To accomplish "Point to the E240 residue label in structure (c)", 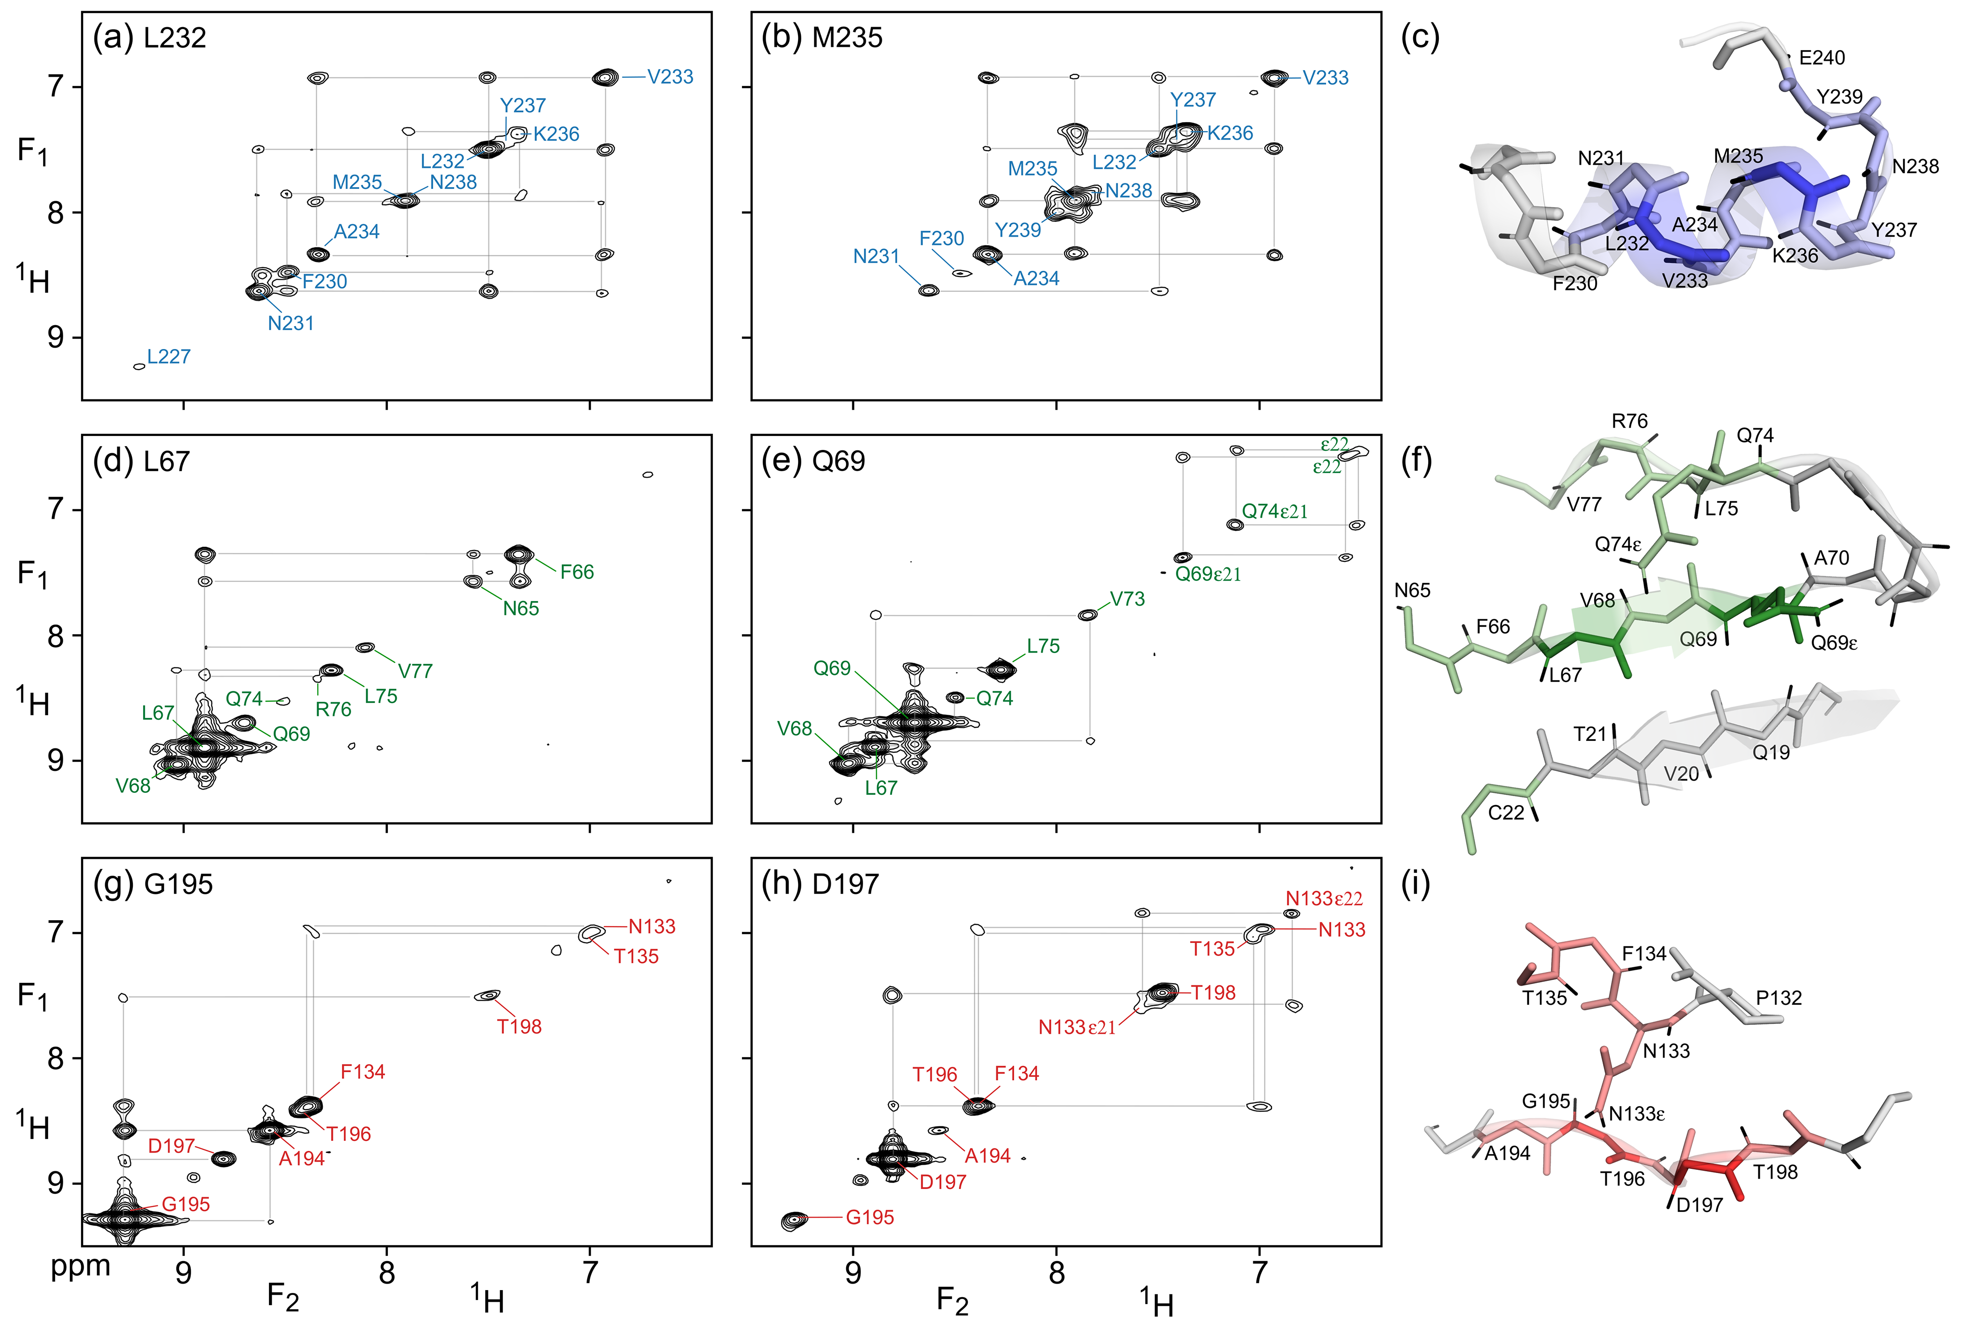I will pos(1822,58).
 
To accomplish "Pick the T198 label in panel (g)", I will pos(519,1027).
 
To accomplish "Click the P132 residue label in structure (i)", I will pos(1778,998).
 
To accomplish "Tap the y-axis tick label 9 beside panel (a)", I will pos(56,338).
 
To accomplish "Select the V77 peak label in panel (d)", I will pos(415,671).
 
